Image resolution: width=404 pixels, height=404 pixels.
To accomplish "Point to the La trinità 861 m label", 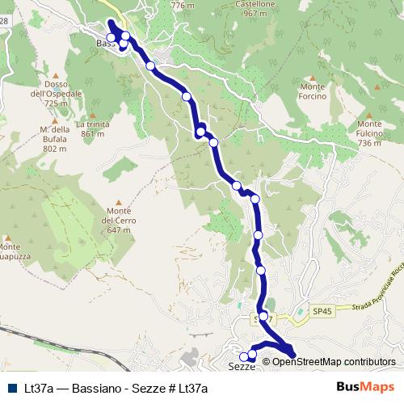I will click(x=92, y=129).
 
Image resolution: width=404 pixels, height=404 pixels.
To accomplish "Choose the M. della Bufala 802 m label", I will click(x=54, y=139).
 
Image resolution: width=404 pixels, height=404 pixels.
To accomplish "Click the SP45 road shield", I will click(x=322, y=311).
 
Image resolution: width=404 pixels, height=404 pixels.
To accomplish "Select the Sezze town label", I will click(x=242, y=366).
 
